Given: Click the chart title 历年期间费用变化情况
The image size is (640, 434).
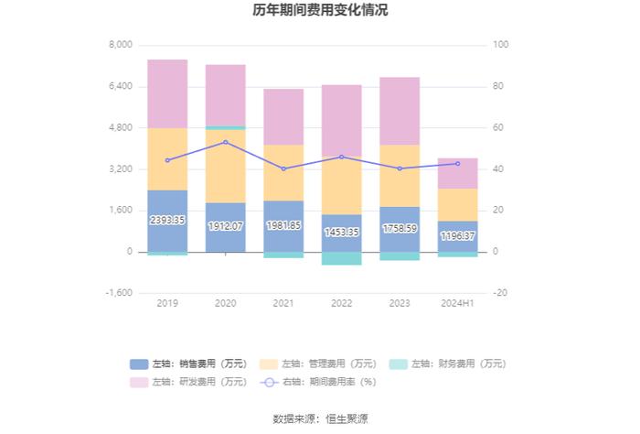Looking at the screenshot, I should pos(320,11).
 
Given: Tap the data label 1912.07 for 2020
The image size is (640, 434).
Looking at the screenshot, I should pos(226,225).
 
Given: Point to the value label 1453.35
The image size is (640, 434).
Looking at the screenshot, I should pos(342,232).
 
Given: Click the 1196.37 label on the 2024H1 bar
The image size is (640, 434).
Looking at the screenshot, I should pos(458,235).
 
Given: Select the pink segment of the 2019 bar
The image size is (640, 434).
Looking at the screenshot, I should pos(167,93).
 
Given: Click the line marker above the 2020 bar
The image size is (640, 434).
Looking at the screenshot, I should pos(226,142).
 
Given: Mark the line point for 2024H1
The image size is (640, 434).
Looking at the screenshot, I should pos(458,164).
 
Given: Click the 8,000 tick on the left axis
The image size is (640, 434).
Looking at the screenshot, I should pos(122,45).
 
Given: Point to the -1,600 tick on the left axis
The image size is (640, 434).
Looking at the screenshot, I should pos(120,293).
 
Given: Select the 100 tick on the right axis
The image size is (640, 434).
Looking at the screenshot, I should pos(501,45).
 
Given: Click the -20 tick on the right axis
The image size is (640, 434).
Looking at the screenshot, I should pos(500,293).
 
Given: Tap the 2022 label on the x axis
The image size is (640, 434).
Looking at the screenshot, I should pos(342,303).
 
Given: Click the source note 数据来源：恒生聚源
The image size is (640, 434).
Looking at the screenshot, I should pos(320,418).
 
